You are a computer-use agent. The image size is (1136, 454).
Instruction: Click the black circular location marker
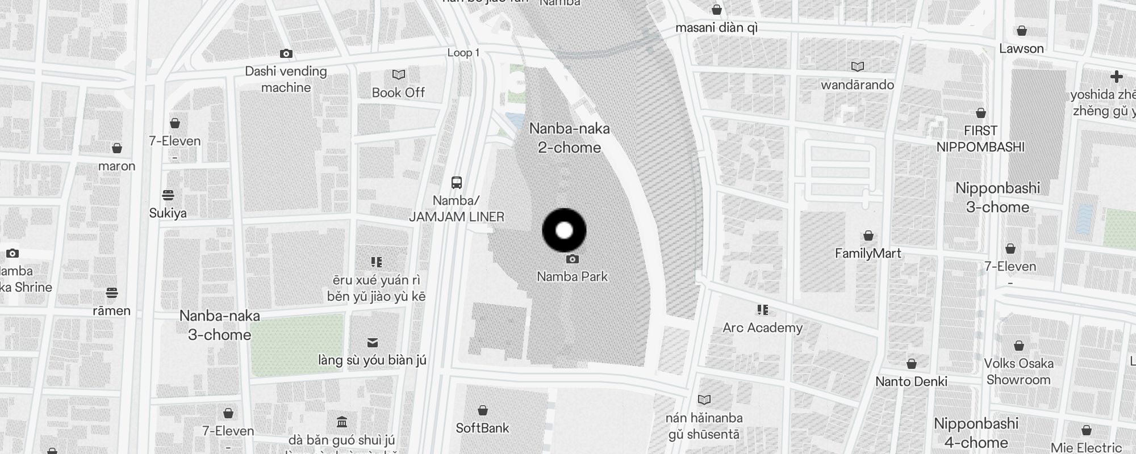(564, 230)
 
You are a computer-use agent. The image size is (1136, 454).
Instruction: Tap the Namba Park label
(572, 276)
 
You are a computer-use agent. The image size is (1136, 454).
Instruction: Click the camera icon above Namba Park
(573, 259)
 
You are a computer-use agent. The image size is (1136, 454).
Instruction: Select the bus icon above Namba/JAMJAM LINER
(457, 183)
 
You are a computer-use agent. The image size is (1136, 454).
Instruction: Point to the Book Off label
(398, 93)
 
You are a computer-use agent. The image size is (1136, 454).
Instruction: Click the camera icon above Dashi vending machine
(286, 54)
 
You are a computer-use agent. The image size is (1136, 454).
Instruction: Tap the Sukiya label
(168, 213)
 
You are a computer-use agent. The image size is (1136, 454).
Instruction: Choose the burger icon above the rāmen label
(112, 293)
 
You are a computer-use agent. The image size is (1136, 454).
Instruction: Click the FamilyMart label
(868, 253)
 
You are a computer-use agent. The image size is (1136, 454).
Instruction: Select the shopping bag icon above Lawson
(1022, 31)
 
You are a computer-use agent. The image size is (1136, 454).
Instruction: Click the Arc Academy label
(762, 327)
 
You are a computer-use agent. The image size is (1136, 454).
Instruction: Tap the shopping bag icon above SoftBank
(482, 410)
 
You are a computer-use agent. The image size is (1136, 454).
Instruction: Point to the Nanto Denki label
(911, 381)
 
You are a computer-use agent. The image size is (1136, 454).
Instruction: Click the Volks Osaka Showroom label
(1018, 372)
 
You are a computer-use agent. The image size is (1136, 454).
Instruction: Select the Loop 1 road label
(463, 53)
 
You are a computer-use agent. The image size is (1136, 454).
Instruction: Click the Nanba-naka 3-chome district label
(220, 325)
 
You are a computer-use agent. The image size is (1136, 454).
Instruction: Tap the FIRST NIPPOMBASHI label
(980, 139)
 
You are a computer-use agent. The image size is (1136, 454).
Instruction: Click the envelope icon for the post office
(373, 343)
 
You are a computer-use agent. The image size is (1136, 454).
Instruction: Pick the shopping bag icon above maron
(117, 149)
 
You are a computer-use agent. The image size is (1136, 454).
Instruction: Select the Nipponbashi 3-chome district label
(997, 197)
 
